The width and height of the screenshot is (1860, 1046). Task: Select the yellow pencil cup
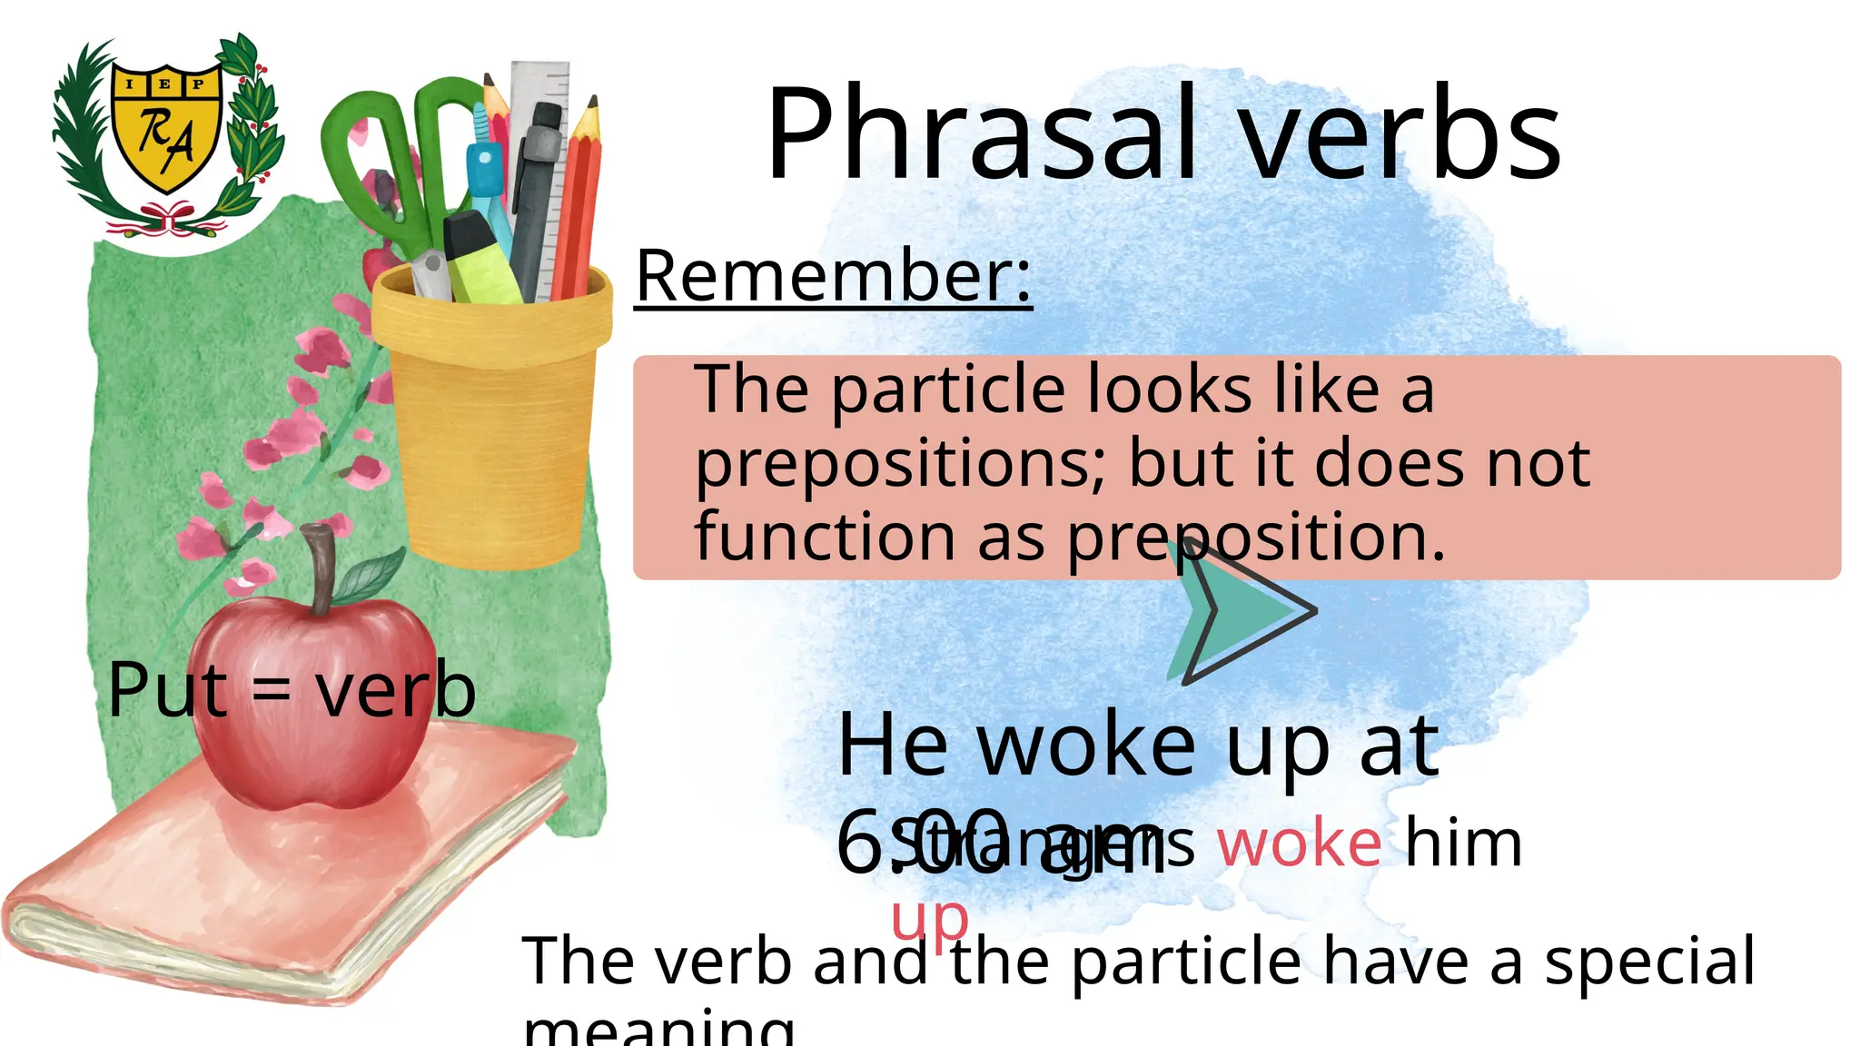click(x=491, y=409)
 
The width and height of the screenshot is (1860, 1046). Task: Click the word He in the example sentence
click(x=892, y=746)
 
